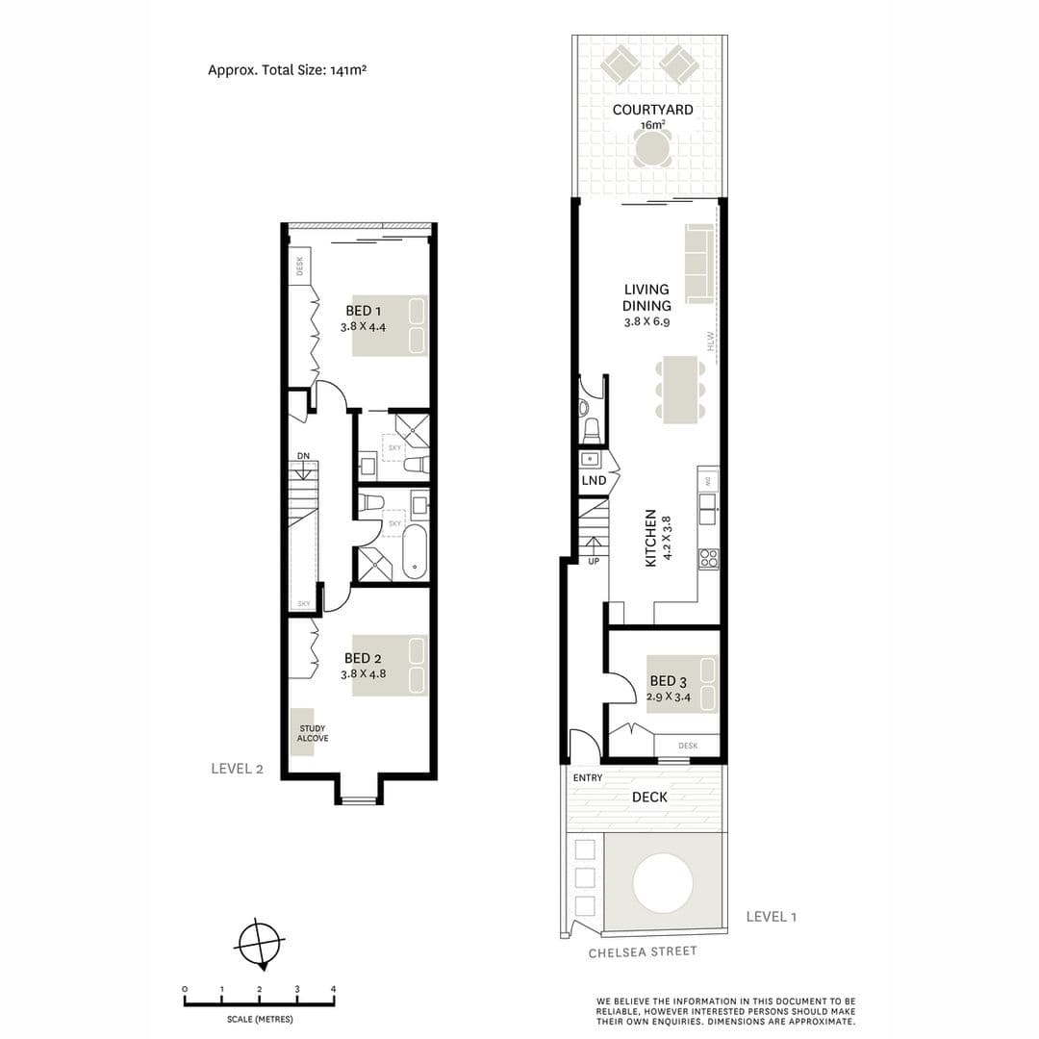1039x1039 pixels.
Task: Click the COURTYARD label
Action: click(x=652, y=110)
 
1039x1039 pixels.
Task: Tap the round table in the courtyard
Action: click(x=652, y=148)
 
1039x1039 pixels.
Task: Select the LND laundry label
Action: click(x=594, y=480)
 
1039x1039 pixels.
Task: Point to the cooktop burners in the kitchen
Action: click(x=708, y=558)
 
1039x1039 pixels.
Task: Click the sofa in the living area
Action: click(x=699, y=264)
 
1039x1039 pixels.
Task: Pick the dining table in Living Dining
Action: click(x=680, y=390)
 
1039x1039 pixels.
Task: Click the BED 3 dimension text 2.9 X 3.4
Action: click(x=669, y=697)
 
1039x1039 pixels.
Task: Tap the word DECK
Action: click(x=649, y=798)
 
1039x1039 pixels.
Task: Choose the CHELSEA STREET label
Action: click(x=643, y=952)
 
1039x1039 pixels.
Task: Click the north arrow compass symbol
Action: click(x=261, y=944)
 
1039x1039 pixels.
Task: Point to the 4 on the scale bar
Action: click(x=333, y=989)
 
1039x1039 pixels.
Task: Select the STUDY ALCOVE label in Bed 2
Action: click(x=312, y=733)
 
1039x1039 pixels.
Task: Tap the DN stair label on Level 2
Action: click(x=303, y=456)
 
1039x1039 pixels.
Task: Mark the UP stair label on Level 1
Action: click(x=594, y=561)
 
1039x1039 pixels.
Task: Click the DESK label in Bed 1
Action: click(x=299, y=266)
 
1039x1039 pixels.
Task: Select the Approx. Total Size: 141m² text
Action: click(x=287, y=70)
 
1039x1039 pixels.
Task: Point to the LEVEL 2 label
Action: click(x=238, y=769)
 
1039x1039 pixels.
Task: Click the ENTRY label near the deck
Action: click(x=588, y=778)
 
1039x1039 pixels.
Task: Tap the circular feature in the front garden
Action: click(x=663, y=882)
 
